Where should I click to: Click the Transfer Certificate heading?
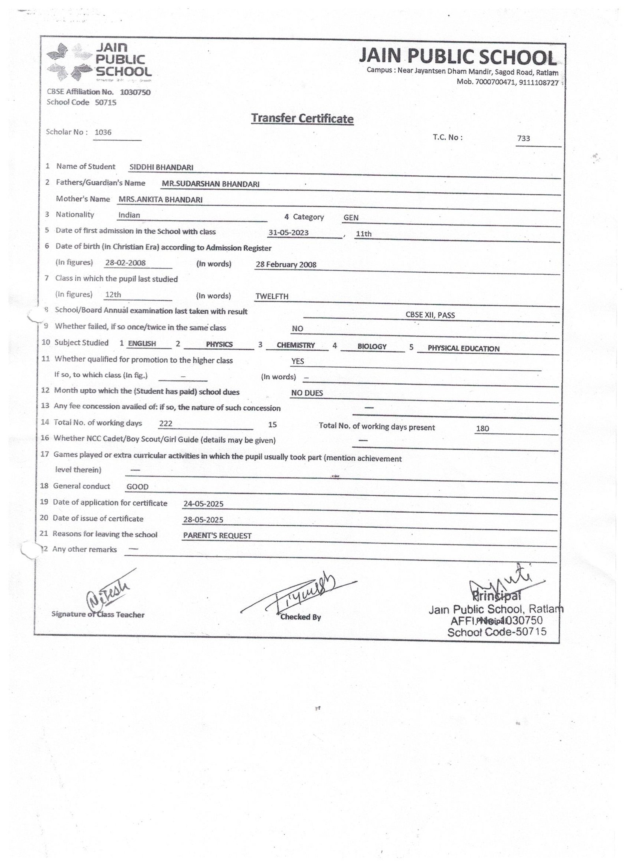302,118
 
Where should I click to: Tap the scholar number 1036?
103,132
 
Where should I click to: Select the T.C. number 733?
524,138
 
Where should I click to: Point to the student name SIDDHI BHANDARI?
161,167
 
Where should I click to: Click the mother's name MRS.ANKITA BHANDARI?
161,200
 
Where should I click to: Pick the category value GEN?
351,218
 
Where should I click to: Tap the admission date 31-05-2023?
288,233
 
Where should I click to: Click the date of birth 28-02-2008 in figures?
125,263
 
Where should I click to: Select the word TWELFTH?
272,296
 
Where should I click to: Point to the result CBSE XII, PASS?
430,315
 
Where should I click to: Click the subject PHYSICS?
219,344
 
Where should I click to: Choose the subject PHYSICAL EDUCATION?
463,348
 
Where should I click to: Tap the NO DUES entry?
307,393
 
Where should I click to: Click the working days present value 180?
482,428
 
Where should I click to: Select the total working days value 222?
166,424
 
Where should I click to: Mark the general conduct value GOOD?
137,487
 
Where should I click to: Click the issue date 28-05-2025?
203,520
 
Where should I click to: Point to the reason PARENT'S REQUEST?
217,536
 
